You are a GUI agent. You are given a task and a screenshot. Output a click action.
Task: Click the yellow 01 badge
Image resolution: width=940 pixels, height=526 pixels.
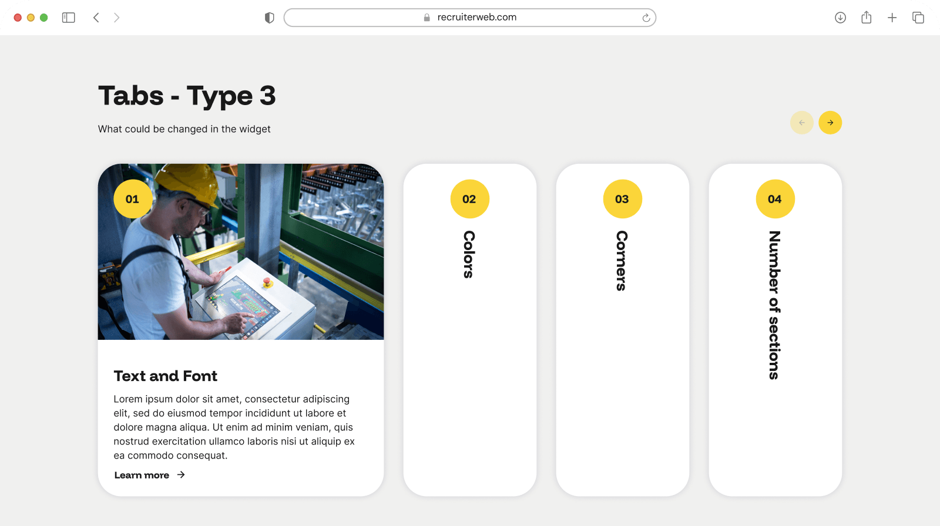[x=133, y=199]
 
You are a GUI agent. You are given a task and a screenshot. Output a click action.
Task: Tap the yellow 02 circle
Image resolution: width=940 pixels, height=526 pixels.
[x=469, y=199]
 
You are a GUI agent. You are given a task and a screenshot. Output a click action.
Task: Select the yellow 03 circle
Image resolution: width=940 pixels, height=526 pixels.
[x=622, y=199]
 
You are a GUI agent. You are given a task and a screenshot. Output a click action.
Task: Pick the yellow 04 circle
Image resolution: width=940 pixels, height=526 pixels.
[x=775, y=199]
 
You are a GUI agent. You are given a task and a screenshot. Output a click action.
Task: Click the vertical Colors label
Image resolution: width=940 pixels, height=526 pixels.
[x=469, y=254]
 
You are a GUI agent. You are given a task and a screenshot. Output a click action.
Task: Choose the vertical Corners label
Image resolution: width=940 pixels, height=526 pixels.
[x=622, y=261]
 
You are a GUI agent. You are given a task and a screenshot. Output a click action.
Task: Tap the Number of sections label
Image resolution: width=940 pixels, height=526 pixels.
[x=775, y=305]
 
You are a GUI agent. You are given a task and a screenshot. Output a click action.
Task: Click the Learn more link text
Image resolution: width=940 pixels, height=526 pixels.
[x=142, y=476]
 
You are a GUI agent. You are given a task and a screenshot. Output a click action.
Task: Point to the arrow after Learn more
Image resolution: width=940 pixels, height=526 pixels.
[x=181, y=475]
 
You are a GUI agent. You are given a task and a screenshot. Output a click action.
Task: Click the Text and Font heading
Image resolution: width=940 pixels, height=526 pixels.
[x=165, y=376]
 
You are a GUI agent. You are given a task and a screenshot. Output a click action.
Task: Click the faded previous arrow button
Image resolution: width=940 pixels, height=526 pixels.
[x=801, y=123]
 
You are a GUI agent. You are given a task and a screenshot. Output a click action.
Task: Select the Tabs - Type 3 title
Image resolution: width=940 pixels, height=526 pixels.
[x=187, y=96]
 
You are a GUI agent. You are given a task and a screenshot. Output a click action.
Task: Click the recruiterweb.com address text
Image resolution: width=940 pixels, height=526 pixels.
[x=476, y=17]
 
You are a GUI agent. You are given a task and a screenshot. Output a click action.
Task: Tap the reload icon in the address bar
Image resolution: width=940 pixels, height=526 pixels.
[x=646, y=18]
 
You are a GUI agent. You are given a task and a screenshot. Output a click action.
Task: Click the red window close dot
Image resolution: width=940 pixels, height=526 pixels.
[x=18, y=18]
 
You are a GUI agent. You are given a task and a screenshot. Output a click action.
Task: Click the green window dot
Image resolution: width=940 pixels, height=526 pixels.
[x=43, y=18]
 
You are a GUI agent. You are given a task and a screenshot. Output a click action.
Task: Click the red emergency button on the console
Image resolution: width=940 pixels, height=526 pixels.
[x=267, y=281]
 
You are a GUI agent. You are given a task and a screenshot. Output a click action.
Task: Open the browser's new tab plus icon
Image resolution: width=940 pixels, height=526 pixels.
[x=892, y=18]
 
